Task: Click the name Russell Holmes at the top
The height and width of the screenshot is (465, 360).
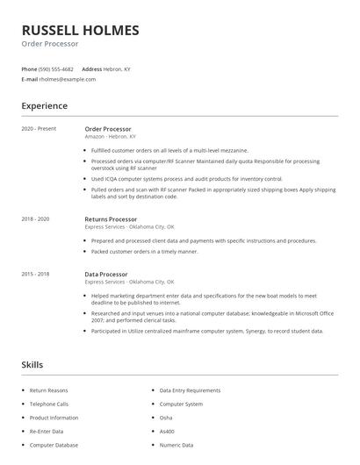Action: [80, 31]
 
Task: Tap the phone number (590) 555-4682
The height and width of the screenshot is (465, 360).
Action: [56, 68]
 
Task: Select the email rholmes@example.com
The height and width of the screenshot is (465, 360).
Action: [65, 79]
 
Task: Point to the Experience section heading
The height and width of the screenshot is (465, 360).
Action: [44, 106]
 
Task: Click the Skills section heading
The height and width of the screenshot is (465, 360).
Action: [32, 363]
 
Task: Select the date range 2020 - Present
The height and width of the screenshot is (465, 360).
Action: [38, 129]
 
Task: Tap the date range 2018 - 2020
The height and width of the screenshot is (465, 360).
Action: [35, 218]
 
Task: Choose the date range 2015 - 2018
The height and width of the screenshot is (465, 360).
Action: [35, 275]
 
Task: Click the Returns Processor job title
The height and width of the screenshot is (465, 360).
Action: [111, 218]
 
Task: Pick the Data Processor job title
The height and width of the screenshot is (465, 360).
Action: [105, 275]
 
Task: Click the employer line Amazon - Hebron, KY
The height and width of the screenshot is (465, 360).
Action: [110, 137]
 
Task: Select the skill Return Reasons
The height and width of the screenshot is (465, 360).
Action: [48, 390]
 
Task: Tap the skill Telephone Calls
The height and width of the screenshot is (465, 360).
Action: [49, 404]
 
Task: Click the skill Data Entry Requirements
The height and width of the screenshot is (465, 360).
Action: [190, 390]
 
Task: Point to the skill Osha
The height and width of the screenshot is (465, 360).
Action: [165, 418]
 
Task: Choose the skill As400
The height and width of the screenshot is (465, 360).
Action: [167, 432]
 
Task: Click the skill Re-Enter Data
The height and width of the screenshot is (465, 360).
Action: [47, 432]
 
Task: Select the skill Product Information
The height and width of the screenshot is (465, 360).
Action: [54, 418]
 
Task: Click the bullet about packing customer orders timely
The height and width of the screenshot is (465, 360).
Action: [144, 251]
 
